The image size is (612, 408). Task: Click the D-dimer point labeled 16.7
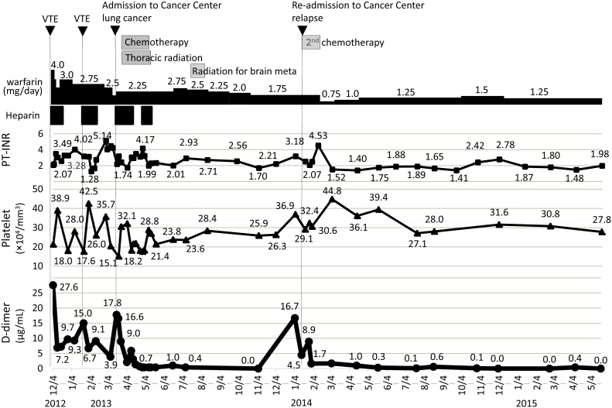[x=295, y=317]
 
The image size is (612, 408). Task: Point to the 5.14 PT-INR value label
[x=103, y=135]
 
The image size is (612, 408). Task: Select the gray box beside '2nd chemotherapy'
[x=311, y=43]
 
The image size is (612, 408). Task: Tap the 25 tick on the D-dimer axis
[x=37, y=292]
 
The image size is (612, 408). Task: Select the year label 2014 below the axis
[x=303, y=403]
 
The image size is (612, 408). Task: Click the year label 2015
[x=528, y=403]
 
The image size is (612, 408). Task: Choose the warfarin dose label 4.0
[x=56, y=64]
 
